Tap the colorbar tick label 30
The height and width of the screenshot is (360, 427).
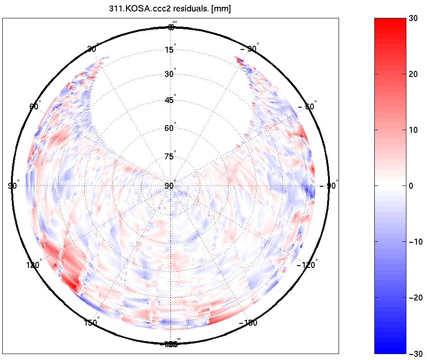414,19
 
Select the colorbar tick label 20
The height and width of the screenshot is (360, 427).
414,74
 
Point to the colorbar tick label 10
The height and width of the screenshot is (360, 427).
414,130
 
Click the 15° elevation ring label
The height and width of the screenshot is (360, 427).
170,50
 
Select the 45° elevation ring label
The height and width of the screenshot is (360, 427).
170,100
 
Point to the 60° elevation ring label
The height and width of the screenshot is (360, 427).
170,128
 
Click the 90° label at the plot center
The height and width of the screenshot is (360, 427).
170,186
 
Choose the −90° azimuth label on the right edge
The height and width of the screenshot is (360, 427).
329,186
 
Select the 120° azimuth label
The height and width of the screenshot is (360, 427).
33,265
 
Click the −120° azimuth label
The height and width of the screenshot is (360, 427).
307,265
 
